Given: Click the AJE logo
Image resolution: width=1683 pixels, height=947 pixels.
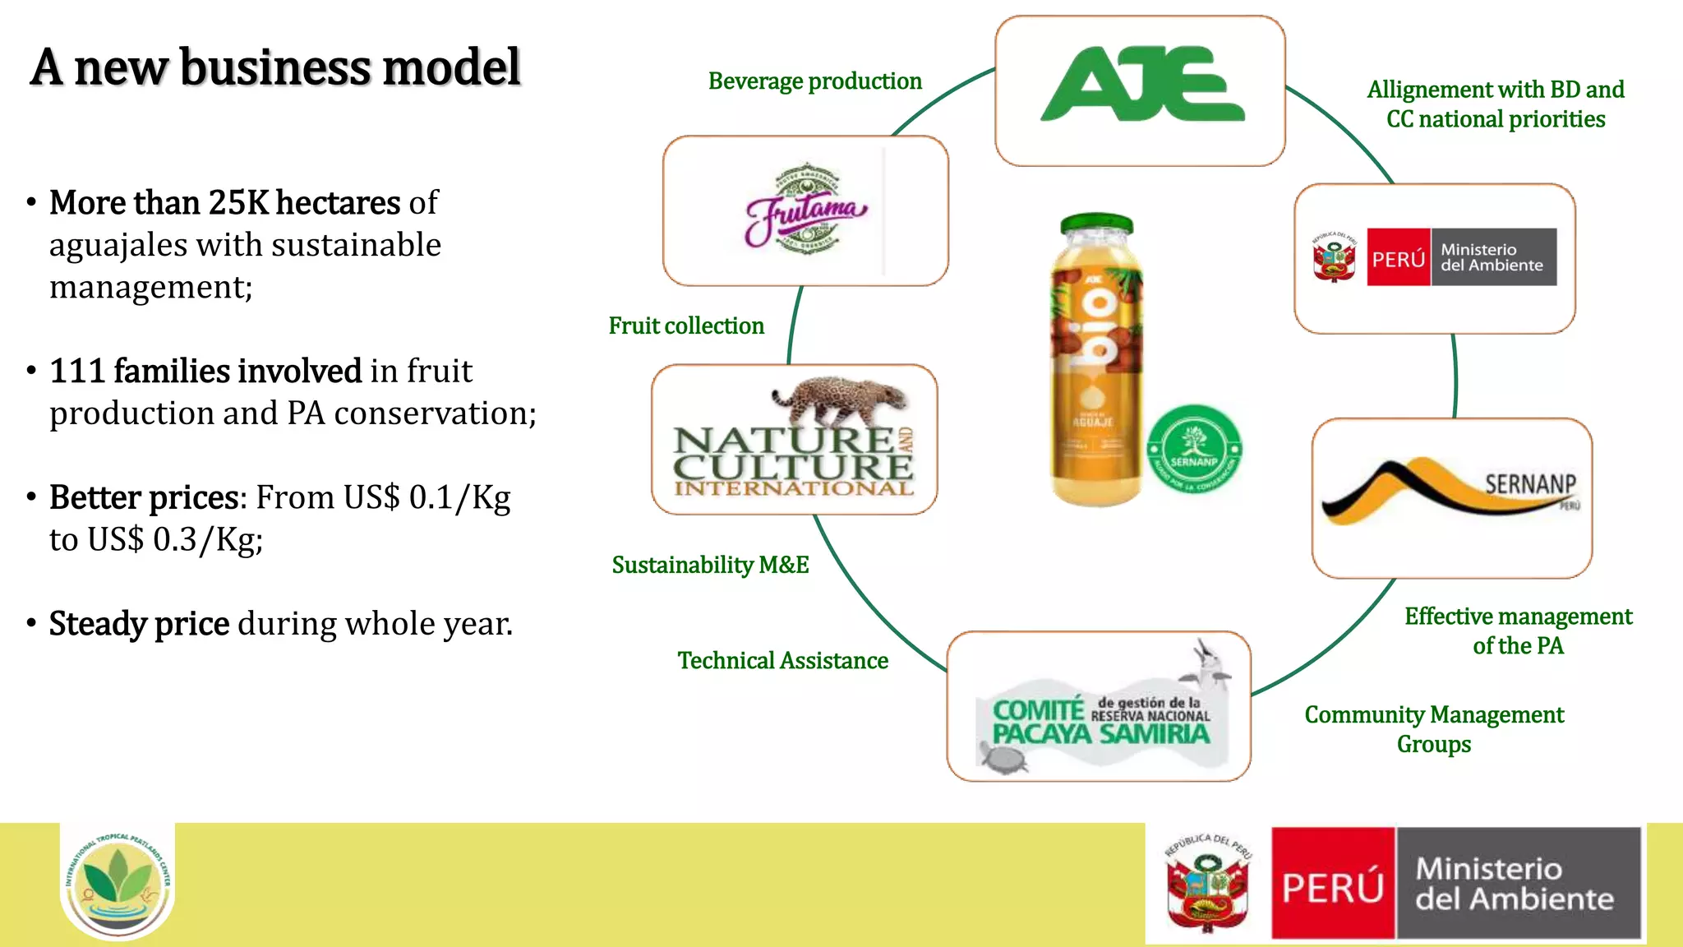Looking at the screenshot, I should tap(1141, 85).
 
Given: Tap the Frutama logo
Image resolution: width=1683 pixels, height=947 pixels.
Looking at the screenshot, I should tap(805, 210).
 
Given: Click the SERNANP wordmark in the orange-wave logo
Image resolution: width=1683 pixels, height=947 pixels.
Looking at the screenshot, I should tap(1529, 483).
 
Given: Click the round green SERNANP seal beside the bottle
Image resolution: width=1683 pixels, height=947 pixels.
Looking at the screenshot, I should tap(1194, 449).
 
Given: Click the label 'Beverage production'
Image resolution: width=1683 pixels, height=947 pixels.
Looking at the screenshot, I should tap(814, 81).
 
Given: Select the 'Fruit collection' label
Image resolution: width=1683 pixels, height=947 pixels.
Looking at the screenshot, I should tap(686, 326).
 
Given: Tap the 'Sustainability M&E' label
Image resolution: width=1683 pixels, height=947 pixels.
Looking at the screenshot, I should tap(710, 565).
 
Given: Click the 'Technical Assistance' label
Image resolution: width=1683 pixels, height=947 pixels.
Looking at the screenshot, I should tap(782, 661).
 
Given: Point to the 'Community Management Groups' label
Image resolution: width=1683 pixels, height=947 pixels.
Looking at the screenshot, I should tap(1434, 729).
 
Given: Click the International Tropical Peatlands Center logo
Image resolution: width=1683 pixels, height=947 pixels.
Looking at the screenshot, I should tap(118, 882).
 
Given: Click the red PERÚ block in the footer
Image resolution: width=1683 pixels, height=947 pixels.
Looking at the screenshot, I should tap(1333, 884).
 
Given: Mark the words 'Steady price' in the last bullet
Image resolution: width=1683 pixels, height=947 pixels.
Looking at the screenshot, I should tap(139, 624).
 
